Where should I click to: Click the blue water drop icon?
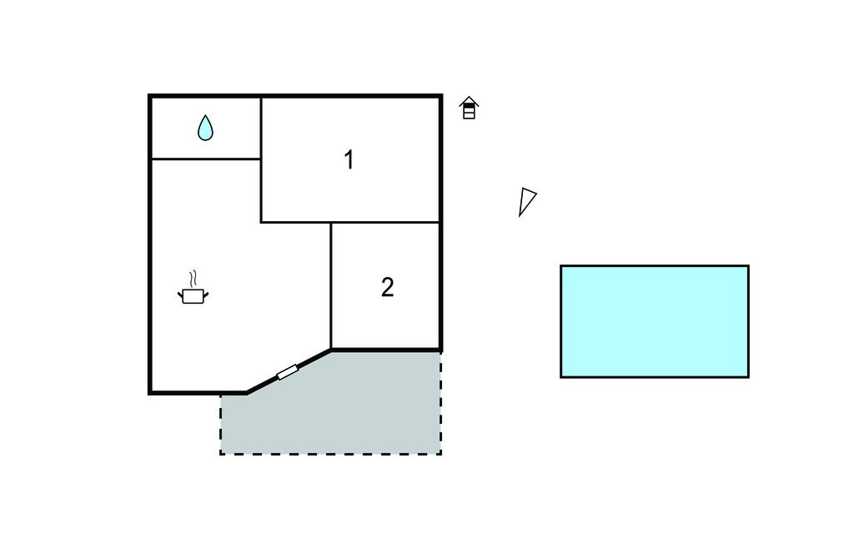(205, 128)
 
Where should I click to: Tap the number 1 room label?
(349, 159)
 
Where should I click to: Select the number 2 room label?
(387, 287)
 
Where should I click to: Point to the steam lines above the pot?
(193, 279)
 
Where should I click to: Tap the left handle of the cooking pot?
(180, 295)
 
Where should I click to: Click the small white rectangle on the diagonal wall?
(288, 372)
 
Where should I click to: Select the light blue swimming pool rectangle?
(655, 321)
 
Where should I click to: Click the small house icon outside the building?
(469, 108)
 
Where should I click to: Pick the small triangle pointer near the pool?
(527, 202)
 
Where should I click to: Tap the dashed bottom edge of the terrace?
(330, 454)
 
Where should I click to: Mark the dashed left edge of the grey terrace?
(220, 424)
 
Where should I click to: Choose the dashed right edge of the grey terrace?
(440, 402)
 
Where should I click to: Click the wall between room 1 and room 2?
(385, 223)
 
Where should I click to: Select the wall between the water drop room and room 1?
(261, 128)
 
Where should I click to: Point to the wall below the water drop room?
(206, 159)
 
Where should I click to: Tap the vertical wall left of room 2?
(330, 285)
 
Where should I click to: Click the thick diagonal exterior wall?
(289, 371)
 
